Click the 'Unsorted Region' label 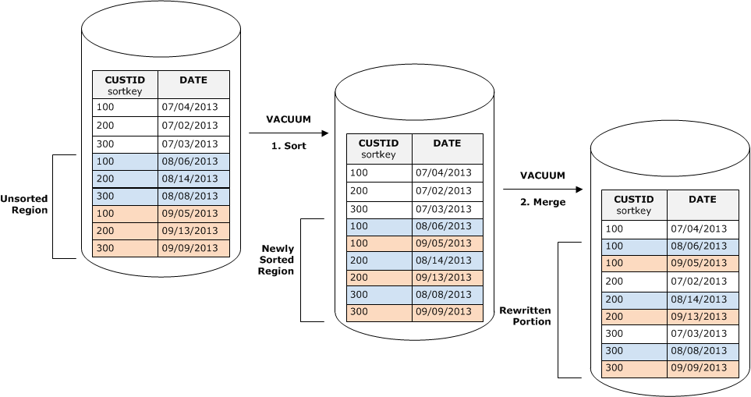24,204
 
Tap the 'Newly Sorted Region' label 278,260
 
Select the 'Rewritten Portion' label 526,316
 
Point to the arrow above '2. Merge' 542,189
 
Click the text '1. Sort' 289,146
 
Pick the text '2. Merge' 544,202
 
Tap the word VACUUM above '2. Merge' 543,175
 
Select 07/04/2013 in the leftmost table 190,107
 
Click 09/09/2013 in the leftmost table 190,248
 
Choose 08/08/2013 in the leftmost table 190,196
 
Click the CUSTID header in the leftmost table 125,80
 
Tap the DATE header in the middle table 447,144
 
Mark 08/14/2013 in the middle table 443,261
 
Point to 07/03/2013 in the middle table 443,209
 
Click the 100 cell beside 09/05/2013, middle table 359,243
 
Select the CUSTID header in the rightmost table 633,199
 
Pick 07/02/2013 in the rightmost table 699,281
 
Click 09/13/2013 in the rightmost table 699,316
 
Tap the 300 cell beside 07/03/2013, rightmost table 615,334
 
